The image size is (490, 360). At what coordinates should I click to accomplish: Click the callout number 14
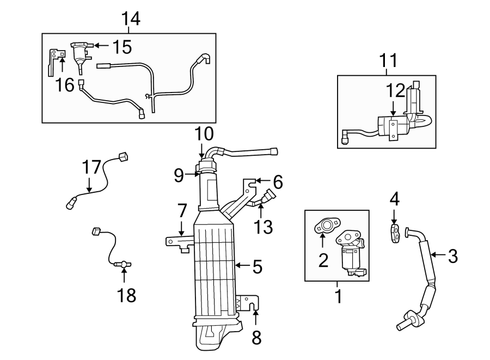click(x=131, y=19)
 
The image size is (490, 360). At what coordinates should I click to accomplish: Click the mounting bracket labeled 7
click(x=177, y=241)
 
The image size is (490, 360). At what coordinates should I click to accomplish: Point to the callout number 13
click(x=264, y=226)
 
